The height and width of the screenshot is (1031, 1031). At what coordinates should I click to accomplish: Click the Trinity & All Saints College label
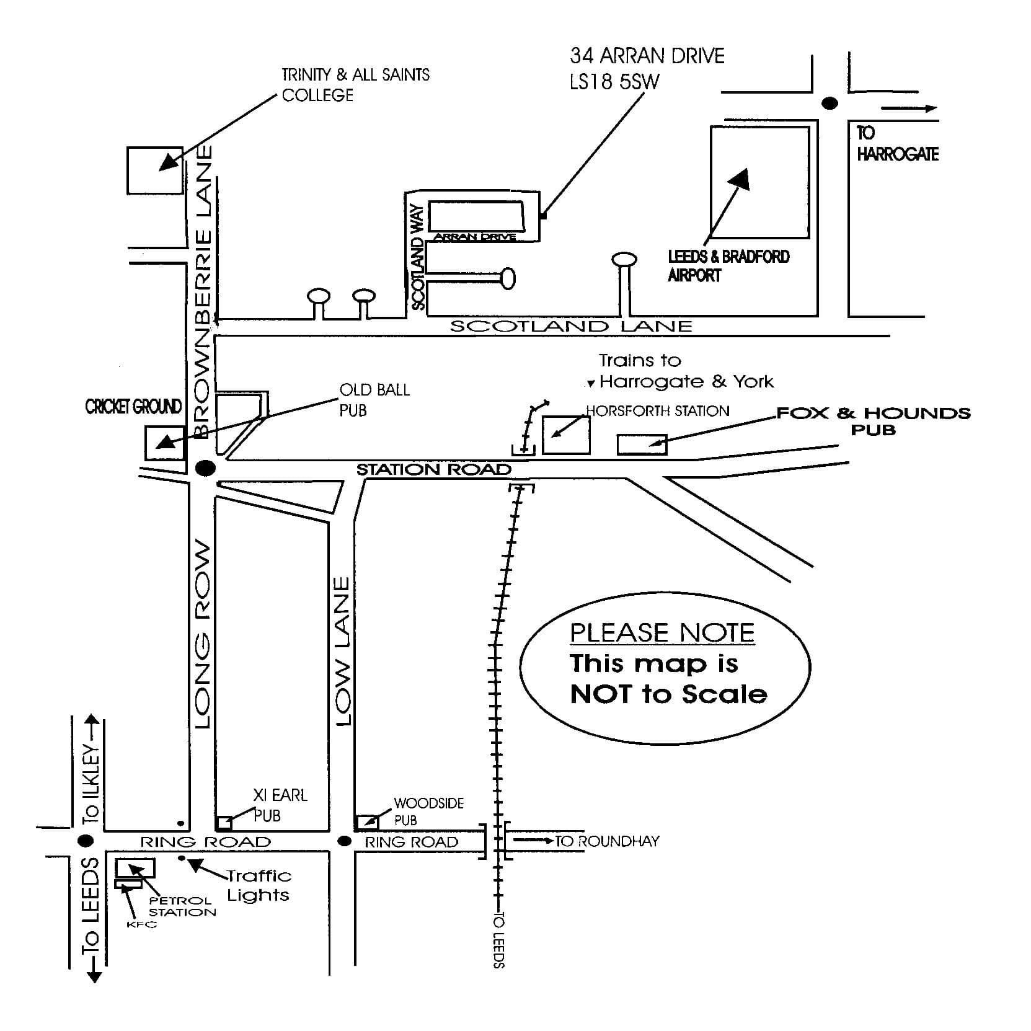tap(355, 85)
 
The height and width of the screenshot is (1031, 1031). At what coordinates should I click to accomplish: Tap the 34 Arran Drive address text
tap(647, 68)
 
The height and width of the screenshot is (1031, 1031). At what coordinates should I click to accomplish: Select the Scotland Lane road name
tap(570, 326)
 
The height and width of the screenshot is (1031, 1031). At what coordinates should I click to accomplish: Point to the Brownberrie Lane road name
tap(203, 291)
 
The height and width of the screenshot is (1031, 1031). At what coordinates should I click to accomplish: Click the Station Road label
tap(433, 470)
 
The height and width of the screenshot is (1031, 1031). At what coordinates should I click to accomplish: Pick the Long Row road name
tap(203, 635)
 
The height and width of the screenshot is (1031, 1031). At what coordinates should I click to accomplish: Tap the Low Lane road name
tap(342, 651)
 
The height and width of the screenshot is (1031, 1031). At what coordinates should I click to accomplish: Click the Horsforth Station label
tap(658, 410)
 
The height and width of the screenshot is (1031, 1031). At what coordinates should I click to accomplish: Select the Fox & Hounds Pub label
tap(873, 420)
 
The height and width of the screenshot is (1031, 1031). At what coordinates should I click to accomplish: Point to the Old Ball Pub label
tap(374, 400)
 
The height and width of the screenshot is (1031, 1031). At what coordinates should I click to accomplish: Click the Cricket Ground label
tap(133, 407)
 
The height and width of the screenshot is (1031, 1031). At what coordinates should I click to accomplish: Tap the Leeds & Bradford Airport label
tap(728, 265)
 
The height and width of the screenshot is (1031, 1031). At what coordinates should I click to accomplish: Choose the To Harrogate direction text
tap(896, 144)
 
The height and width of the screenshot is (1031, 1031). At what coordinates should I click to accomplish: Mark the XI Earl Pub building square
tap(224, 823)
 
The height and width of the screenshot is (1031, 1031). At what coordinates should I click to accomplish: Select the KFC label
tap(141, 924)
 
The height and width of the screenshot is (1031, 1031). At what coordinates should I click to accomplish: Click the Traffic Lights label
tap(259, 885)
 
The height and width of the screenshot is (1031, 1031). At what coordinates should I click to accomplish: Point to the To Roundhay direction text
tap(606, 841)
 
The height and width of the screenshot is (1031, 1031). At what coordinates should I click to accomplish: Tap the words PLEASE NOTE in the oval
tap(662, 633)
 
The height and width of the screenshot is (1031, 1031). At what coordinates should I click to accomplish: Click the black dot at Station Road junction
tap(205, 468)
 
